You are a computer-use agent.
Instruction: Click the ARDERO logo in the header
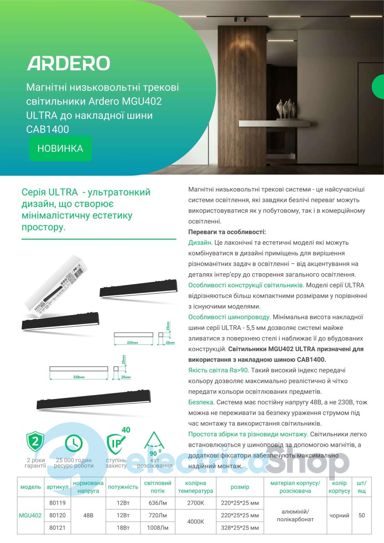68,63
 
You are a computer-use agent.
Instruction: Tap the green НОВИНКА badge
60,148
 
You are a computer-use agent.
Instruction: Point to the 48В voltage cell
88,515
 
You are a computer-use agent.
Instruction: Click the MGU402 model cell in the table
30,515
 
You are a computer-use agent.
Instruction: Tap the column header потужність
123,487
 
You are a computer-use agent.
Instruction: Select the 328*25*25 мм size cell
240,528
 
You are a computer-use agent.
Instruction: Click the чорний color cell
339,515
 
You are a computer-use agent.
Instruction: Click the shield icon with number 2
35,441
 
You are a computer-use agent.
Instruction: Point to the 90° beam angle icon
155,443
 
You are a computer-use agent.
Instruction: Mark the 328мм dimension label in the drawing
79,376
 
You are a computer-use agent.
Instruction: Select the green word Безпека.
201,401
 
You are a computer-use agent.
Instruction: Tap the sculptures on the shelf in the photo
287,109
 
